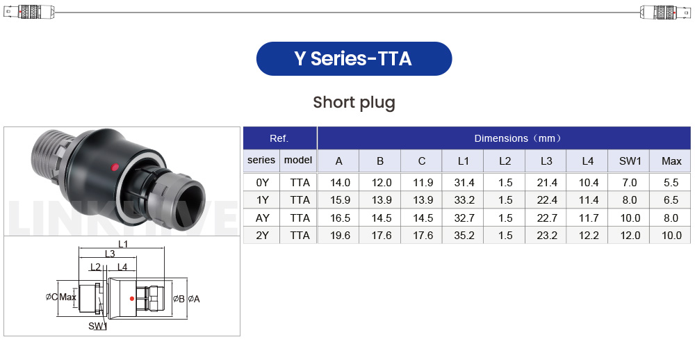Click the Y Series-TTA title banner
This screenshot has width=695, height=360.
pos(354,58)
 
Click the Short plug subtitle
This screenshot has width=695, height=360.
pos(354,102)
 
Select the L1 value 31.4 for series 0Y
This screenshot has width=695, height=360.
pos(464,183)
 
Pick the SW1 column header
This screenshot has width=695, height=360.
pos(630,161)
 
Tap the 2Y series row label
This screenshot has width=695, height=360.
pos(262,235)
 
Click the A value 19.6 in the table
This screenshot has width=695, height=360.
pos(340,235)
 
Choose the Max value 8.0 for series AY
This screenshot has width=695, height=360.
pos(671,218)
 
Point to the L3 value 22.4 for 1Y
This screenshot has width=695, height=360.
pos(547,200)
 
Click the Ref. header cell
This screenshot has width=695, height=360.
pos(279,138)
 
